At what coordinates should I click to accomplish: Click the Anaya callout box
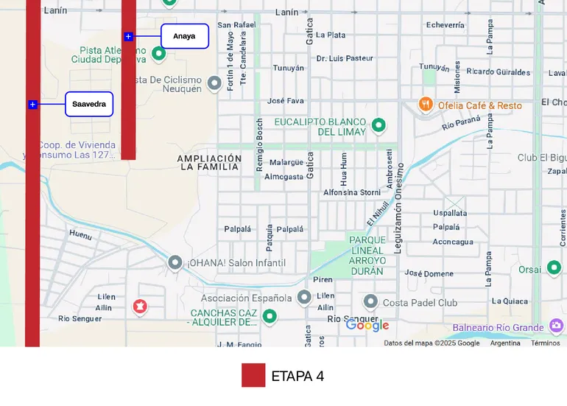(x=184, y=36)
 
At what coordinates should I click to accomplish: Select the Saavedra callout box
(x=89, y=104)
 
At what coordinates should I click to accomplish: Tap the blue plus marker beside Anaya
(x=128, y=36)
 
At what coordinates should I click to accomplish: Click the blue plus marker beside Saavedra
(x=32, y=105)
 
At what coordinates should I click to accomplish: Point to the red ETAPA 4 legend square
(x=253, y=375)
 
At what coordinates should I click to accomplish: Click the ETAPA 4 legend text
(x=297, y=376)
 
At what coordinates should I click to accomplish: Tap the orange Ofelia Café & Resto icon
(x=425, y=105)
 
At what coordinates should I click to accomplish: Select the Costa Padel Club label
(x=420, y=302)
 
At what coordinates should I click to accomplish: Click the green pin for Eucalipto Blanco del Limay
(x=378, y=125)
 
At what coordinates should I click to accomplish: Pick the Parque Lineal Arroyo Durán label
(x=367, y=256)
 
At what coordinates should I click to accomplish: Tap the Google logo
(x=367, y=325)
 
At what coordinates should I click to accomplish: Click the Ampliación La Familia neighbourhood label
(x=209, y=162)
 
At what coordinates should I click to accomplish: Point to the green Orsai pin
(x=554, y=268)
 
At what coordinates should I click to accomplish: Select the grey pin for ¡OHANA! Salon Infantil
(x=175, y=262)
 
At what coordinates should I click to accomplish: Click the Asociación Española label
(x=247, y=298)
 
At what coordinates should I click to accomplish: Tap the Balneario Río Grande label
(x=498, y=327)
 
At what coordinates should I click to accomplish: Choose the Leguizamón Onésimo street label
(x=398, y=209)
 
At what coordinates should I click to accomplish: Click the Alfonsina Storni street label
(x=352, y=192)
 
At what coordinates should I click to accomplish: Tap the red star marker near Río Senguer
(x=140, y=307)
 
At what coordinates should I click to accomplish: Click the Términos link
(x=545, y=343)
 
